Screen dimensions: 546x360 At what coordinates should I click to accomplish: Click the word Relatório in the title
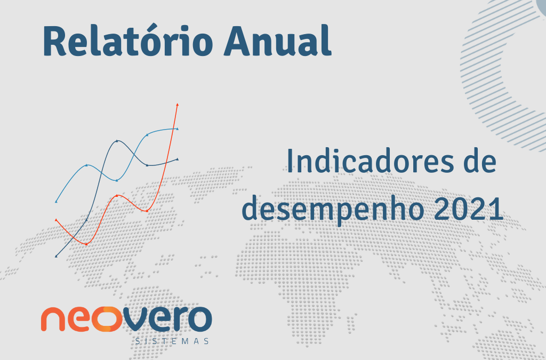coord(128,41)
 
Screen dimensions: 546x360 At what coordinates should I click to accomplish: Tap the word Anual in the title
coord(278,41)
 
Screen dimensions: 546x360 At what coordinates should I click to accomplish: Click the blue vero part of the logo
coord(166,319)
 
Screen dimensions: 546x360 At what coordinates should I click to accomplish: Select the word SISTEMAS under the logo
coord(172,341)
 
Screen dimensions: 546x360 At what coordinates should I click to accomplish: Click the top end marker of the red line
coord(178,104)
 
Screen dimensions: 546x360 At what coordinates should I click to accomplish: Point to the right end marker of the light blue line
coord(178,129)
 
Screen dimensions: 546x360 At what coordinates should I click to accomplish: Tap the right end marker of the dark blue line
coord(178,159)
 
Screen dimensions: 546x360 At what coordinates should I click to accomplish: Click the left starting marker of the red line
coord(56,220)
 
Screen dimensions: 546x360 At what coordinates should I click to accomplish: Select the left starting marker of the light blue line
coord(56,202)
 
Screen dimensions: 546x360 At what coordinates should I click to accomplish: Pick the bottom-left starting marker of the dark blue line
coord(56,256)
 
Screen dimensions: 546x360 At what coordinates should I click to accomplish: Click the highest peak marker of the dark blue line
coord(117,141)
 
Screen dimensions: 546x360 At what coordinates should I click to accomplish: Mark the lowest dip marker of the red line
coord(86,244)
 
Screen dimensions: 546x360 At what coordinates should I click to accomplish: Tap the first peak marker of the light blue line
coord(86,165)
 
